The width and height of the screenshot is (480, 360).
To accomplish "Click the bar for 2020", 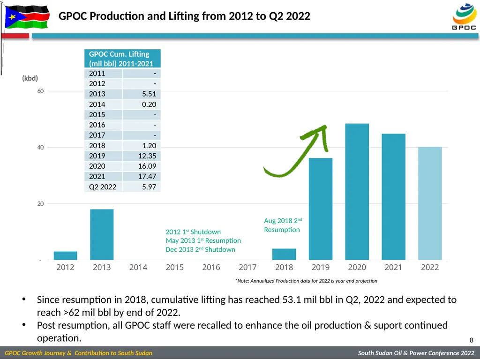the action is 357,192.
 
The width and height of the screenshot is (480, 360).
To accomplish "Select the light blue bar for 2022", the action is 430,203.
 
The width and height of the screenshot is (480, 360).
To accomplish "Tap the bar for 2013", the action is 102,234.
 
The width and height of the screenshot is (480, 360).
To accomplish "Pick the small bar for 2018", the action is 284,254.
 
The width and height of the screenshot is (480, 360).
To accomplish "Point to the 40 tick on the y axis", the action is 40,147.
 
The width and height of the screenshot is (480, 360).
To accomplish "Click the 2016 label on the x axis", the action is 211,267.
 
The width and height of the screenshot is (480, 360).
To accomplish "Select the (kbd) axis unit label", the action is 30,78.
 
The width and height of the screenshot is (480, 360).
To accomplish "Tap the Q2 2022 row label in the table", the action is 103,187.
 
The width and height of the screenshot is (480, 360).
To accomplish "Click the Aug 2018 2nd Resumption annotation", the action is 283,225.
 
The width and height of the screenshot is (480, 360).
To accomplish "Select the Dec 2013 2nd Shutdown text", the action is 201,249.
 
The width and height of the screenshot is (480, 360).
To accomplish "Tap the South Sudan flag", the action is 27,16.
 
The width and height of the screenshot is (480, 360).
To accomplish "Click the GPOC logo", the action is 464,16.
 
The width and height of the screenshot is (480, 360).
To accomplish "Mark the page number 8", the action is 472,340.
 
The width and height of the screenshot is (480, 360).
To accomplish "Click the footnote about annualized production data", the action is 306,281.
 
